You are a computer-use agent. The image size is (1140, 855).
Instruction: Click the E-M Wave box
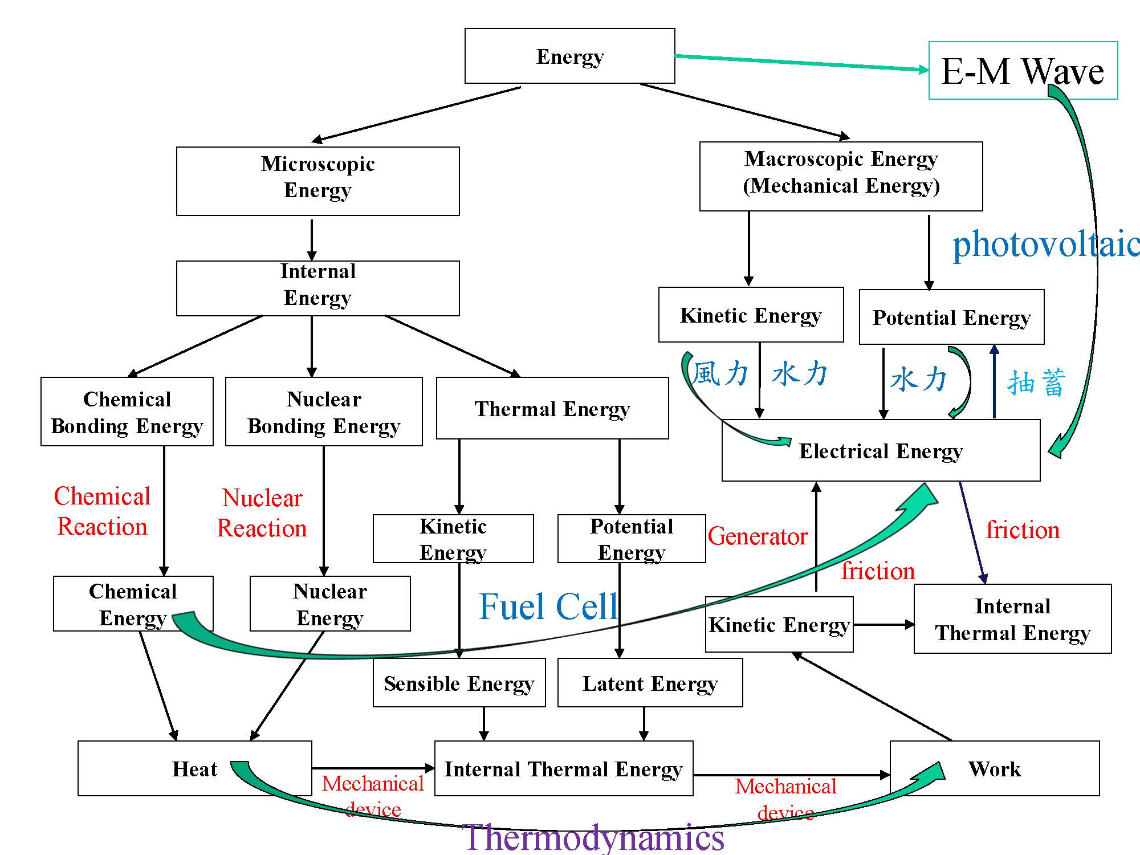(x=1023, y=71)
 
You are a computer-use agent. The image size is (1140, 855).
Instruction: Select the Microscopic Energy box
(x=317, y=181)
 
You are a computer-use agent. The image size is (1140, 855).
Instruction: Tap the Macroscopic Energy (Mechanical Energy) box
(x=841, y=176)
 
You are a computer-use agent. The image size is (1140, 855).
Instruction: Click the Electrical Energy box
(x=881, y=451)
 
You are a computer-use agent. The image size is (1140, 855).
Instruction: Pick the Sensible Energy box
(x=459, y=683)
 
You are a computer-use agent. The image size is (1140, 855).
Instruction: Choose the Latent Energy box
(x=650, y=683)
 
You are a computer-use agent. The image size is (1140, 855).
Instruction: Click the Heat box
(x=194, y=768)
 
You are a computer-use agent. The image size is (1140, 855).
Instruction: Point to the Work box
(x=995, y=768)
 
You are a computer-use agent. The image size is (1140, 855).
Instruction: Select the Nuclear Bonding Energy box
(x=324, y=412)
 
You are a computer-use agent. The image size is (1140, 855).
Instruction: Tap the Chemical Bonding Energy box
(x=127, y=412)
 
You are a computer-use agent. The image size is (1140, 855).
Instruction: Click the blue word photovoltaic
(x=1046, y=244)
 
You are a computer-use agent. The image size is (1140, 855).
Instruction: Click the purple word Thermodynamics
(x=593, y=837)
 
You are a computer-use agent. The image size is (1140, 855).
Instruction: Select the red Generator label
(x=758, y=536)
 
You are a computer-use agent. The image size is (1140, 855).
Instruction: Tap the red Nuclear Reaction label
(x=262, y=513)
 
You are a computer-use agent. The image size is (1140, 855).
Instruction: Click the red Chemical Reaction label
(x=103, y=511)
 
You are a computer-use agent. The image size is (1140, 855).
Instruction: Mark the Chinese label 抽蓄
(x=1036, y=382)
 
